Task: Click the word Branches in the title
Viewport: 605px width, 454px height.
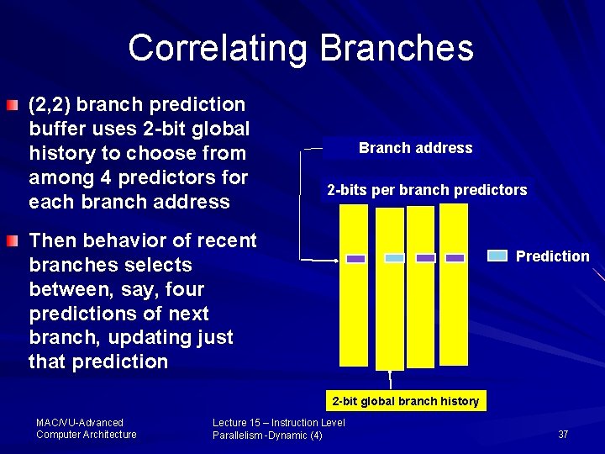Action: tap(397, 48)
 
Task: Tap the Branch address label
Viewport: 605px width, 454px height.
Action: tap(415, 148)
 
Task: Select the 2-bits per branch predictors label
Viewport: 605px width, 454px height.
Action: tap(427, 190)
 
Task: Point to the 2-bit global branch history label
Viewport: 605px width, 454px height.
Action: tap(405, 401)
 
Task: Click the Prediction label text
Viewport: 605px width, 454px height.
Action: tap(552, 256)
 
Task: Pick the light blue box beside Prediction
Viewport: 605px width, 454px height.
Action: tap(497, 256)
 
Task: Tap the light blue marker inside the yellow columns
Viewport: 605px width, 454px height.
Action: tap(394, 258)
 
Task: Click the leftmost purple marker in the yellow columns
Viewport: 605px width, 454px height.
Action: tap(355, 259)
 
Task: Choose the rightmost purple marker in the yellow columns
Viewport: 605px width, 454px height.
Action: tap(455, 258)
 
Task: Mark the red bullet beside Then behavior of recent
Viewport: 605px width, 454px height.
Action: tap(9, 242)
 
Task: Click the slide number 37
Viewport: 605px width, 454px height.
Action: tap(563, 435)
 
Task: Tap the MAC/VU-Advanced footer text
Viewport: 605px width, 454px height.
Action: tap(80, 422)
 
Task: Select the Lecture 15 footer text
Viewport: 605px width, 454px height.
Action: tap(278, 422)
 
